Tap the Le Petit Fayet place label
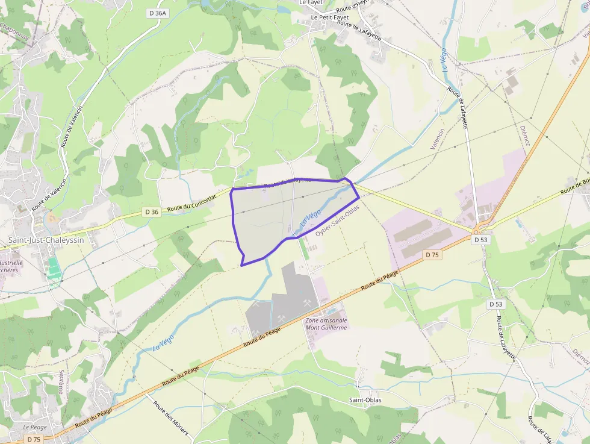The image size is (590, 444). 329,17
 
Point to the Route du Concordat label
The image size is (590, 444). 191,205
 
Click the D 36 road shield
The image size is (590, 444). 152,211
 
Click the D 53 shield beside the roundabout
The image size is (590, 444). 480,240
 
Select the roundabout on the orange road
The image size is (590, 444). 479,229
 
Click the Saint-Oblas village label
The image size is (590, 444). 365,400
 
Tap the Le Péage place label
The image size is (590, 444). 35,427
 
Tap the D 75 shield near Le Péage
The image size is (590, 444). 34,439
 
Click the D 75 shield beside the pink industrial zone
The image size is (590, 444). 432,255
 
